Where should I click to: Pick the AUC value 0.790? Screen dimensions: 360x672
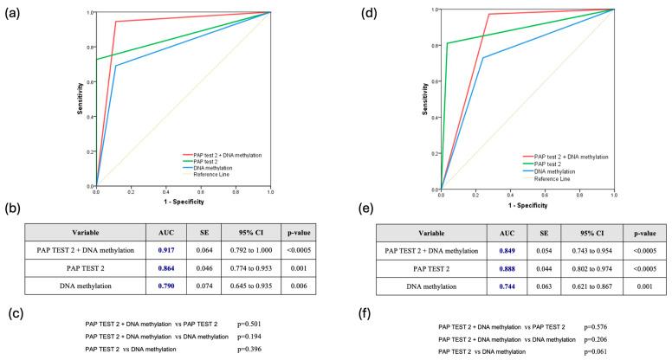click(163, 295)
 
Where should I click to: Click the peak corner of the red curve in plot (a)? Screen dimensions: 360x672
click(115, 22)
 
